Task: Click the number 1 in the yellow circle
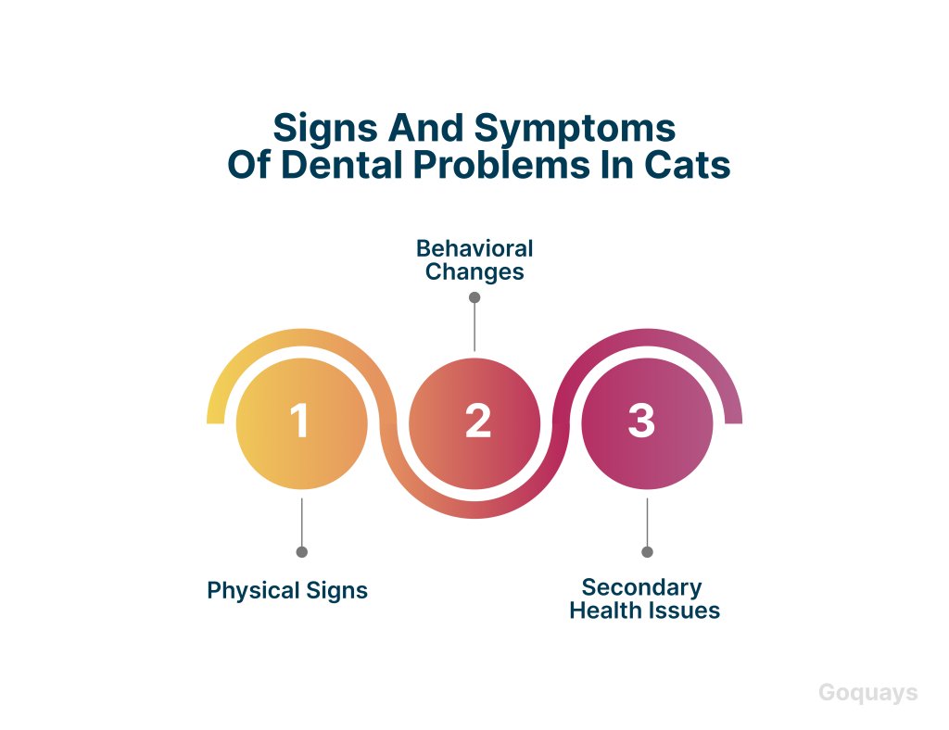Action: click(300, 421)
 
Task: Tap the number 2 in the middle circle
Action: click(477, 421)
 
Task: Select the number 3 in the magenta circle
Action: click(641, 421)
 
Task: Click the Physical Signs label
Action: click(287, 590)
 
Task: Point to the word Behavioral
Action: click(474, 248)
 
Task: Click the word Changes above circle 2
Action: click(474, 272)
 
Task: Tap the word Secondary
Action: click(641, 587)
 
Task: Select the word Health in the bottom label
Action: click(605, 610)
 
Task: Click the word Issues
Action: click(683, 610)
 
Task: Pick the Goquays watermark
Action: click(867, 693)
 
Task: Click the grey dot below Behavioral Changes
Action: click(474, 297)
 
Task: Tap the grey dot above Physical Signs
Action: click(301, 551)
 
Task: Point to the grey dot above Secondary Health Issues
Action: click(647, 551)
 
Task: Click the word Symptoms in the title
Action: click(575, 129)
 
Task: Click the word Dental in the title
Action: click(342, 165)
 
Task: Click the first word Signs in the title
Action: click(325, 129)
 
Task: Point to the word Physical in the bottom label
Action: click(254, 590)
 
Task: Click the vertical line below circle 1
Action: click(301, 522)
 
